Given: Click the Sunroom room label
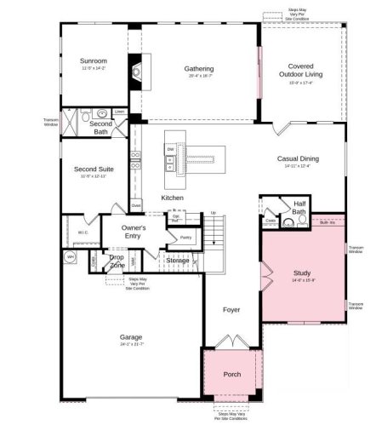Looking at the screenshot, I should coord(94,61).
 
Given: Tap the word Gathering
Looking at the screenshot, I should coord(199,69).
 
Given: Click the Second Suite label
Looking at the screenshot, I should coord(91,169).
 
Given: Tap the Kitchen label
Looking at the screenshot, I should coord(173,198).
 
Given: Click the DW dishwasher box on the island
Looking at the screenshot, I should coord(170,150).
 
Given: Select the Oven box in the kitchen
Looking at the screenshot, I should coord(135,205).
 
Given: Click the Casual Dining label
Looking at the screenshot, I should coord(299,158).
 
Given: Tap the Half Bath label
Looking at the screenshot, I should coord(299,208).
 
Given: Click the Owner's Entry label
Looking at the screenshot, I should coord(134,232).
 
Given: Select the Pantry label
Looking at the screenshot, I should coord(186,238).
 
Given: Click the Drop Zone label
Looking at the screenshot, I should coord(117,262).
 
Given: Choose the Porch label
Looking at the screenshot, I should coord(231,373).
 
